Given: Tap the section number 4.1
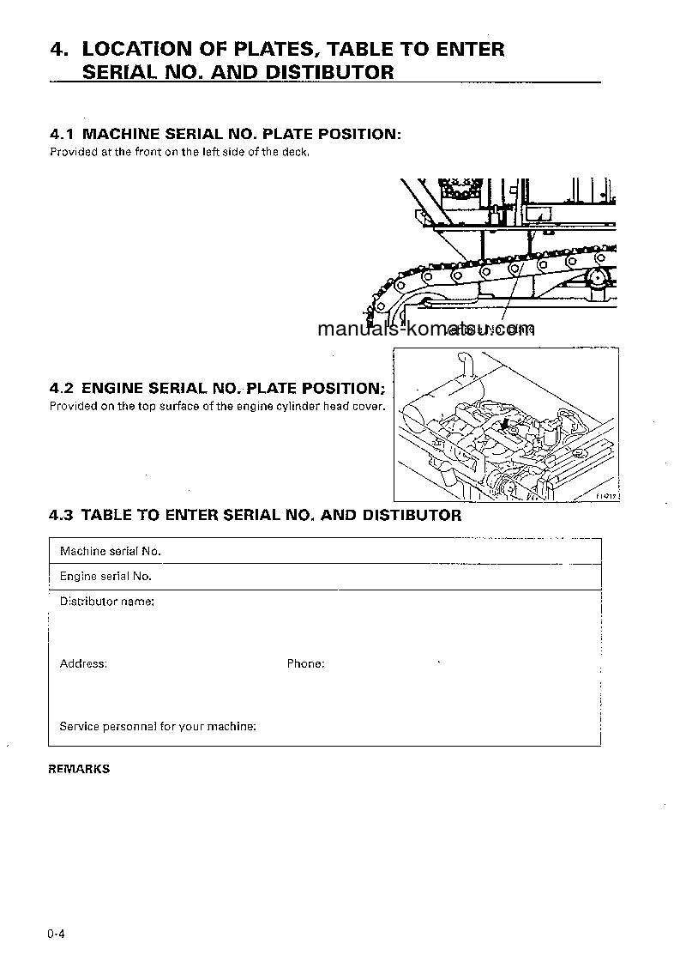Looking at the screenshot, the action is coord(62,135).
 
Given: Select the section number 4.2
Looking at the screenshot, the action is coord(62,388).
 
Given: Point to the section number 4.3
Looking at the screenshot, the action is coord(62,516).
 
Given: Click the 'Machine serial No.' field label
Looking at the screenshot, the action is coord(111,551).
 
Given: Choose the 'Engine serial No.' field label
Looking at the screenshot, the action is coord(105,577).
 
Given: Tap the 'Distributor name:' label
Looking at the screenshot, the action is coord(106,602).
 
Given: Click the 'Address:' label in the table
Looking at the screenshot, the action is coord(83,663).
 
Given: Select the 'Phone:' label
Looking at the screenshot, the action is coord(305,663).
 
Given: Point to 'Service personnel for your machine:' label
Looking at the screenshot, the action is coord(158,726).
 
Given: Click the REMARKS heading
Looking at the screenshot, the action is coord(79,769).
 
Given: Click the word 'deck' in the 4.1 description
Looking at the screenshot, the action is coord(295,153).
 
